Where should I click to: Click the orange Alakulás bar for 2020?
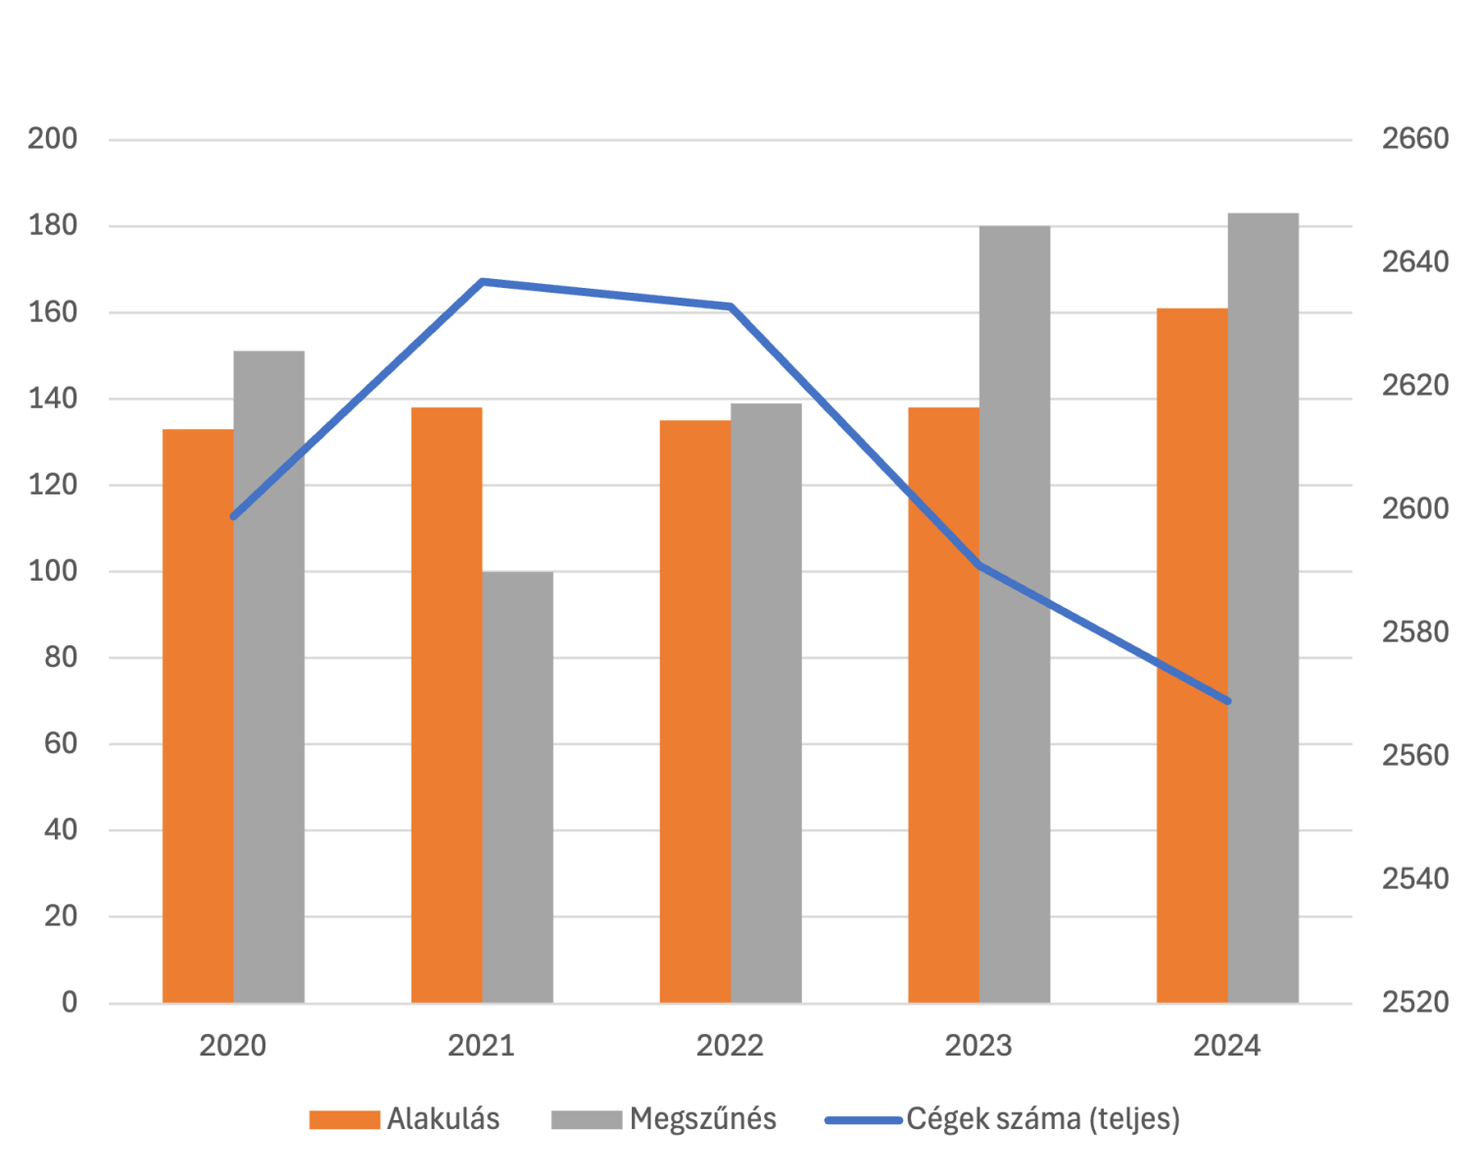[x=197, y=715]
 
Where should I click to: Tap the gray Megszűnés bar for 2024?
[x=1263, y=607]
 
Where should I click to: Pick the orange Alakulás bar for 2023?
[x=942, y=704]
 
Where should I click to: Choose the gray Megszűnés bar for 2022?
[x=766, y=702]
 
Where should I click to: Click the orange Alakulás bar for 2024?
[x=1191, y=655]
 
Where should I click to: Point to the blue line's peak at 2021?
[x=482, y=282]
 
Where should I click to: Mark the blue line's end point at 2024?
[x=1227, y=701]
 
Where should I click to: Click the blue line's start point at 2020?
[x=233, y=516]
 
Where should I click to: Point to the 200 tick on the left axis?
[x=53, y=139]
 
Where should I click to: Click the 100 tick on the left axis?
[x=53, y=571]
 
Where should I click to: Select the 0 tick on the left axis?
[x=69, y=1003]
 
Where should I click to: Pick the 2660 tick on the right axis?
[x=1414, y=139]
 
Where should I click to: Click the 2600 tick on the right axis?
[x=1414, y=509]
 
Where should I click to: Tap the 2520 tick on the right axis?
[x=1414, y=1003]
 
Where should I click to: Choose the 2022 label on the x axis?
[x=730, y=1046]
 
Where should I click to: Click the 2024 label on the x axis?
[x=1227, y=1046]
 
